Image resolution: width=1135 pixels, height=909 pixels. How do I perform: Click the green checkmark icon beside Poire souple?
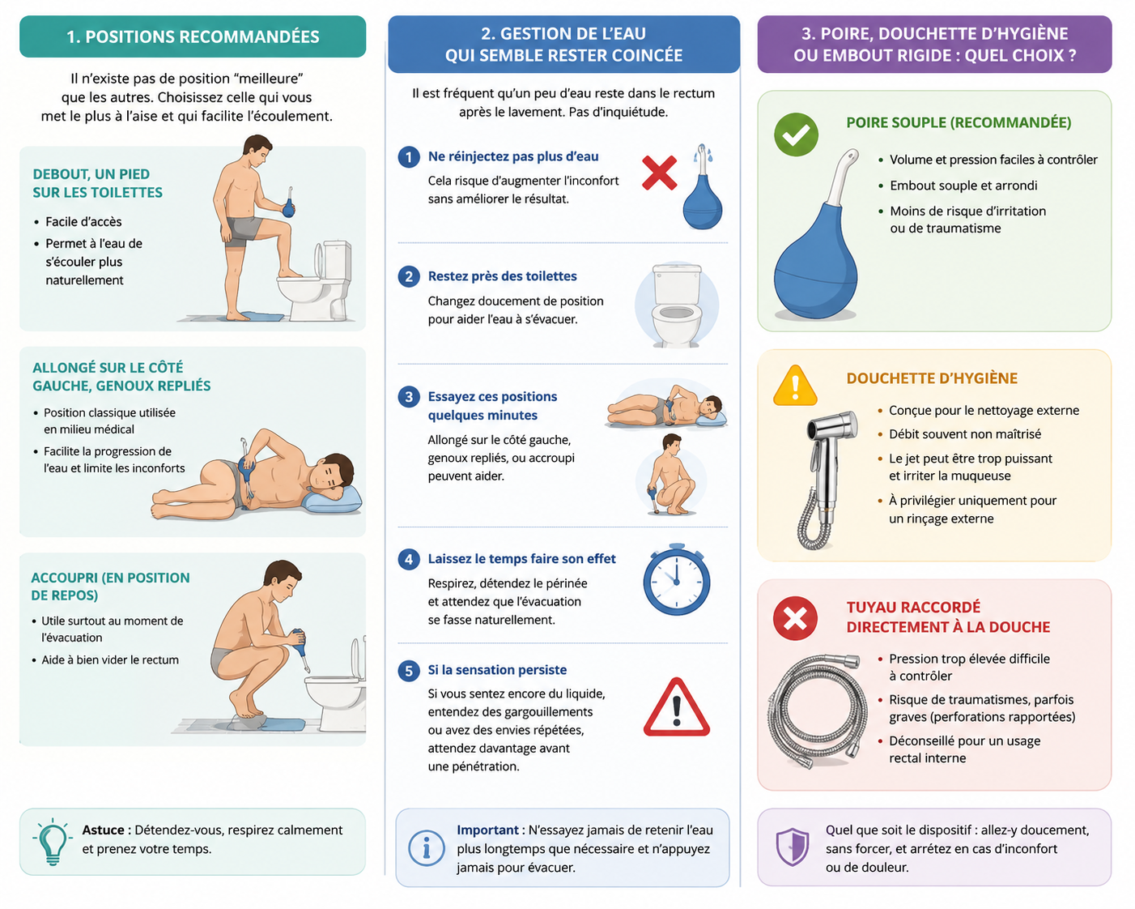(795, 134)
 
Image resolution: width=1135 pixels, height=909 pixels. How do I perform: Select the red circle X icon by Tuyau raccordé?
(795, 618)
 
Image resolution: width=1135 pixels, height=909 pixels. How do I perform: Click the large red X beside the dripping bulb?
(659, 173)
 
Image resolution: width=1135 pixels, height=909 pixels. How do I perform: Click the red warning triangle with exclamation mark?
(677, 708)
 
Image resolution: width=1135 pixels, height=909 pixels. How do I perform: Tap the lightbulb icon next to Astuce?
(52, 842)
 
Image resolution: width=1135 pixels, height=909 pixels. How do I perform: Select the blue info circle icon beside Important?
(426, 848)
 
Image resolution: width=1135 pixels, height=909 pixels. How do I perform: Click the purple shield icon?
(793, 847)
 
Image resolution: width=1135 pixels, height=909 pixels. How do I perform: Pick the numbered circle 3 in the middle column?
(408, 396)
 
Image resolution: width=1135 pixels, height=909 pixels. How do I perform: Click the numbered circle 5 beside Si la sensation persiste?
(408, 670)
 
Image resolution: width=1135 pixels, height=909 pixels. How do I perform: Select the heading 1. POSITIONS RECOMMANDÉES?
(193, 36)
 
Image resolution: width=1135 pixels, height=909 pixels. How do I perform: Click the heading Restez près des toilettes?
(502, 276)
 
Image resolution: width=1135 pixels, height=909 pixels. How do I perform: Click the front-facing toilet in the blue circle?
(677, 306)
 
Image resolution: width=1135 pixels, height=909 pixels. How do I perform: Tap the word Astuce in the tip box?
(103, 830)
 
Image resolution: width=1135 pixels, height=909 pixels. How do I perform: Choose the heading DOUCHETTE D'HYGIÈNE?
(932, 378)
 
